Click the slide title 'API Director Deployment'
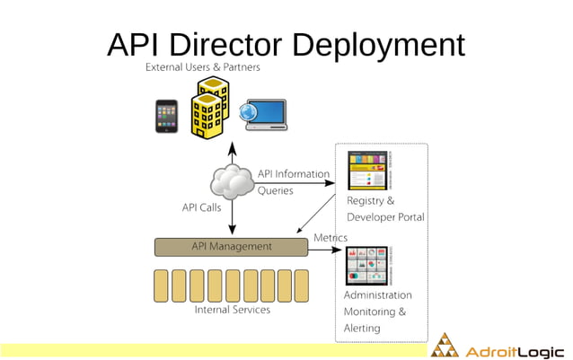pyautogui.click(x=286, y=44)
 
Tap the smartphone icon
pyautogui.click(x=167, y=115)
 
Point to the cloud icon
pyautogui.click(x=232, y=181)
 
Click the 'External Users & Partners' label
pyautogui.click(x=203, y=68)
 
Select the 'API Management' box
pyautogui.click(x=231, y=246)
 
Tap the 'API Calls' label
pyautogui.click(x=201, y=208)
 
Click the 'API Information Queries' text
pyautogui.click(x=293, y=181)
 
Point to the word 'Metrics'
pyautogui.click(x=330, y=238)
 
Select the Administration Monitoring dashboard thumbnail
pyautogui.click(x=370, y=266)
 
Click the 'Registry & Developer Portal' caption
pyautogui.click(x=385, y=209)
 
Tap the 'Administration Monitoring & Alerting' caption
pyautogui.click(x=377, y=312)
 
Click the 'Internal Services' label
pyautogui.click(x=232, y=310)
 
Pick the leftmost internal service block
pyautogui.click(x=162, y=285)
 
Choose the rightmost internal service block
pyautogui.click(x=301, y=285)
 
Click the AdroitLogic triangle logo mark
pyautogui.click(x=444, y=346)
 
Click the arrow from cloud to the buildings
pyautogui.click(x=232, y=153)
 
